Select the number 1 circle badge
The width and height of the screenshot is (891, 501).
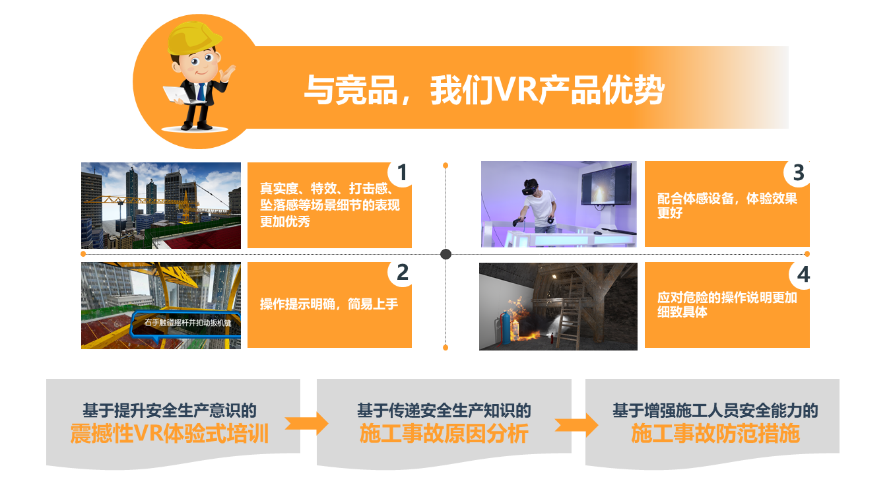click(x=401, y=173)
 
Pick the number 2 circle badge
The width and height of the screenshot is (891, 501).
click(x=401, y=273)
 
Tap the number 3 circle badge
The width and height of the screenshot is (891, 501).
click(x=798, y=173)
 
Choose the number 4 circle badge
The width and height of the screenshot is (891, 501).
click(x=803, y=275)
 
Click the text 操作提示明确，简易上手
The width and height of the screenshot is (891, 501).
click(x=329, y=304)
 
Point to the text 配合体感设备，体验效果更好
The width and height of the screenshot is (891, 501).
click(x=727, y=205)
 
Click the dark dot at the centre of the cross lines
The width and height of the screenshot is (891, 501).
click(x=445, y=254)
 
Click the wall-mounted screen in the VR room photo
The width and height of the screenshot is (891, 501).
click(x=606, y=184)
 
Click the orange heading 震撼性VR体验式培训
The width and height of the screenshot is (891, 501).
click(x=170, y=434)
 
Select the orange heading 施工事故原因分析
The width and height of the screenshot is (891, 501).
click(x=444, y=434)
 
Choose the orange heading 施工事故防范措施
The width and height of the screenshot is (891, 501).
click(x=715, y=434)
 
